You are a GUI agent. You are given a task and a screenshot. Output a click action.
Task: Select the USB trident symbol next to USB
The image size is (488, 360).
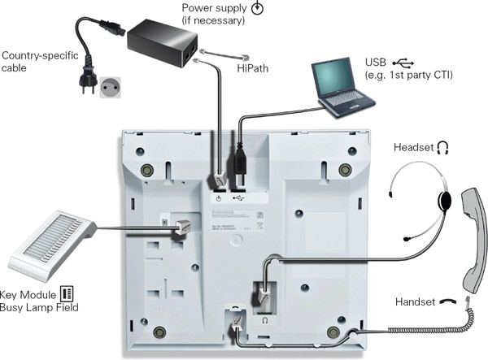click(402, 63)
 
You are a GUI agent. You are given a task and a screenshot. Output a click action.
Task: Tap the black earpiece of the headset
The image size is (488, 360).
click(444, 200)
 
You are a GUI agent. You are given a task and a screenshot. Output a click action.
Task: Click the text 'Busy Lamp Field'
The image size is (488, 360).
click(43, 306)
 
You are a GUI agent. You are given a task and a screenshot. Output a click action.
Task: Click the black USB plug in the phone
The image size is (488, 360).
click(240, 162)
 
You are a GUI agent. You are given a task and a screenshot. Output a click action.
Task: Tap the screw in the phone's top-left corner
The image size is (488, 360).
click(146, 170)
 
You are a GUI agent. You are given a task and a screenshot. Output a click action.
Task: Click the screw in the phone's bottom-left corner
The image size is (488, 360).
click(159, 332)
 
